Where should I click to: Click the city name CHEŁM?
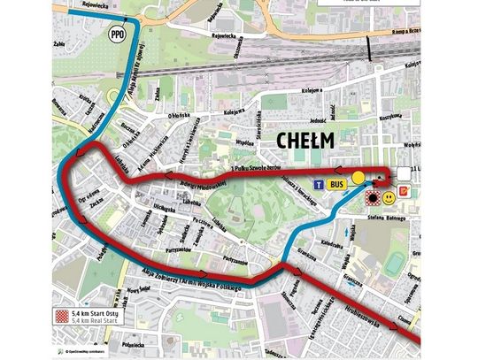(304, 140)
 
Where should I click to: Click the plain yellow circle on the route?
(358, 178)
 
